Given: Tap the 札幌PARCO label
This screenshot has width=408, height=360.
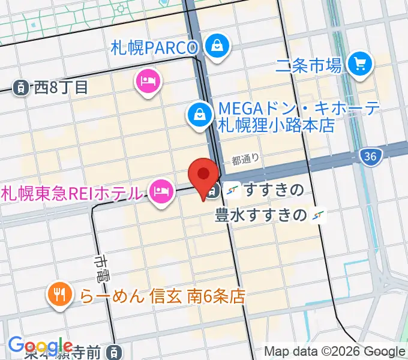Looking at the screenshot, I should (x=154, y=47).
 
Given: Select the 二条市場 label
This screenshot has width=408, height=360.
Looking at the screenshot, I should (x=308, y=64).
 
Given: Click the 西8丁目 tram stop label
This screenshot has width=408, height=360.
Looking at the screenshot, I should (x=61, y=87).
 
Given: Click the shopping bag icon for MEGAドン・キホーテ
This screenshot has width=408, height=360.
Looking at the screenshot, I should (x=198, y=114).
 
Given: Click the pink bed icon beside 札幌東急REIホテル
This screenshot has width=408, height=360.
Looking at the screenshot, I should (x=160, y=192).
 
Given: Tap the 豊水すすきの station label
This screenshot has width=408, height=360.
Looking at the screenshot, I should (x=261, y=215).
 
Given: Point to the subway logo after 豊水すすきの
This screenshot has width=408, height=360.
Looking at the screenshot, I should (x=319, y=215).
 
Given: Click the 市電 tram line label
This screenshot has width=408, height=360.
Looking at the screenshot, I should (x=101, y=268).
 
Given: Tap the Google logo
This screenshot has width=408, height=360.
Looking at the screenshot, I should (x=40, y=346).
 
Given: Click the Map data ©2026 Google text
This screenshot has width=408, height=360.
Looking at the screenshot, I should (x=335, y=352).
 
